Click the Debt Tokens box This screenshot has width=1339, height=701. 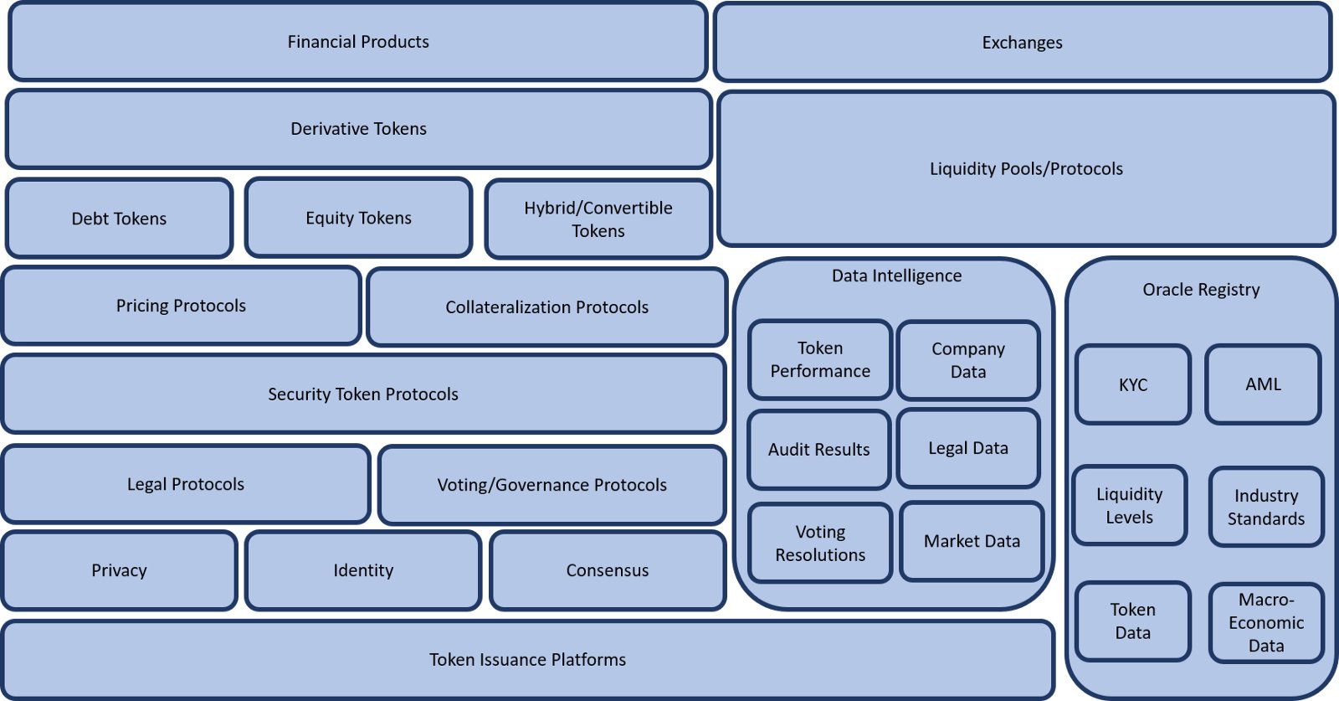(x=119, y=219)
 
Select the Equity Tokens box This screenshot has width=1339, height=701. (x=359, y=218)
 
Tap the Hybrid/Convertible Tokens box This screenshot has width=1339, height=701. (x=598, y=219)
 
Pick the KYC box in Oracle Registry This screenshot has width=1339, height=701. (x=1133, y=384)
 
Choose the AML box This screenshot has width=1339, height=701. (x=1263, y=384)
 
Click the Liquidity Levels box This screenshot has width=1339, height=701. (x=1129, y=505)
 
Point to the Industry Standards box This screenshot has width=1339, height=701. (x=1266, y=507)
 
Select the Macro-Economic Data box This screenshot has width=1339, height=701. (x=1266, y=622)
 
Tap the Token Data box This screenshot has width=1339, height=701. (x=1133, y=621)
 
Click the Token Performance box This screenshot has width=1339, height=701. (x=820, y=359)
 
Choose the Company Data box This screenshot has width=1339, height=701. (x=968, y=360)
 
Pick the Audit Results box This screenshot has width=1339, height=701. (x=819, y=449)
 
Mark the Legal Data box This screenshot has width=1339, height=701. (x=968, y=448)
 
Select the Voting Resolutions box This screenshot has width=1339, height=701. (x=820, y=543)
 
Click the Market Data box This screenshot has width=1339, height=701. (x=972, y=541)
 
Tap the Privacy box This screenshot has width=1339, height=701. (x=119, y=570)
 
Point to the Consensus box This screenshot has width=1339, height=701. (x=608, y=570)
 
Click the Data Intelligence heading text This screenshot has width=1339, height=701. (x=896, y=276)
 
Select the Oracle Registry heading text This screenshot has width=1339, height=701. (x=1201, y=290)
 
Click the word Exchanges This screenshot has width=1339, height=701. (x=1022, y=43)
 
